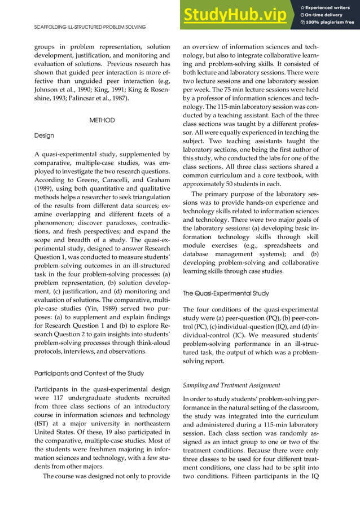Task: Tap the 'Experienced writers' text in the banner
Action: pyautogui.click(x=328, y=7)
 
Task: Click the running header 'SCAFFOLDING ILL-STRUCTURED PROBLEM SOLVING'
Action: pyautogui.click(x=90, y=27)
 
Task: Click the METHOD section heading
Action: pyautogui.click(x=102, y=120)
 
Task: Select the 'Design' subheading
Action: pyautogui.click(x=44, y=136)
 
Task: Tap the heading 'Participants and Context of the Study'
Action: pyautogui.click(x=89, y=373)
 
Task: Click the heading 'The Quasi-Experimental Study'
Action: pyautogui.click(x=226, y=293)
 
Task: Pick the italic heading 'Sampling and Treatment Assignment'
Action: pyautogui.click(x=232, y=385)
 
